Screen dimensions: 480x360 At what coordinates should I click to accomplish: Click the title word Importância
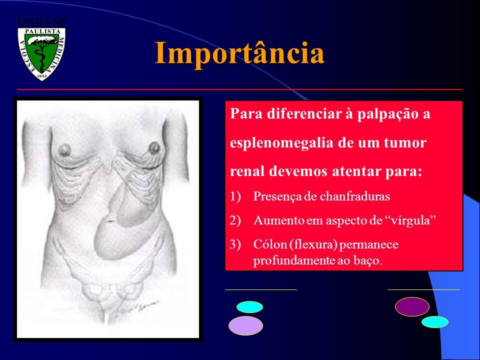tap(239, 53)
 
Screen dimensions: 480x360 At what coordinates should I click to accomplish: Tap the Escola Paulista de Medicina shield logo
tap(41, 54)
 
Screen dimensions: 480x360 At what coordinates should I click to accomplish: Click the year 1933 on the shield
tap(42, 76)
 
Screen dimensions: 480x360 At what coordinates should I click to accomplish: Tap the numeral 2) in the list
tap(235, 220)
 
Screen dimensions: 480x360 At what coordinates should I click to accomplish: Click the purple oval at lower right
tap(412, 306)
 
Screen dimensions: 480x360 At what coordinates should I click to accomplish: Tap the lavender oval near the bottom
tap(246, 325)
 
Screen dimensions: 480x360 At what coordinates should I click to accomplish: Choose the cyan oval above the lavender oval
tap(250, 306)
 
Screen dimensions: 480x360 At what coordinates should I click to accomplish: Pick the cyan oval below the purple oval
tap(434, 322)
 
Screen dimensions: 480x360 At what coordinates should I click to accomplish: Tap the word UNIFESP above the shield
tap(42, 22)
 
